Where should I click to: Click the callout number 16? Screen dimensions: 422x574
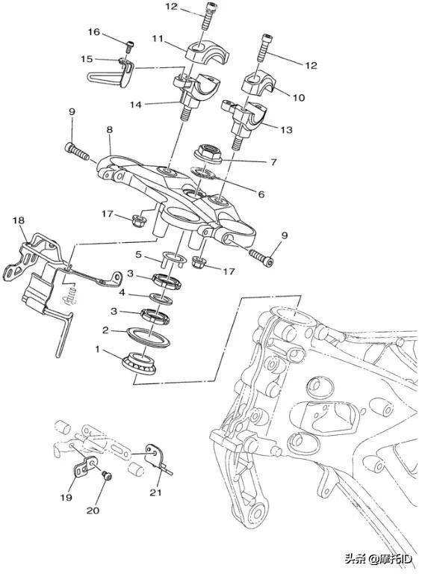click(x=93, y=32)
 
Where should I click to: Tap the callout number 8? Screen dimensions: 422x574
click(x=109, y=129)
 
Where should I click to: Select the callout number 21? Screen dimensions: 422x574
click(x=155, y=493)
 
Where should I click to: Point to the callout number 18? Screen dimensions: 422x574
click(x=18, y=220)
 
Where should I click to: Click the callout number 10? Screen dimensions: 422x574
click(x=299, y=98)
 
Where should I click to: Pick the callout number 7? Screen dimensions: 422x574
click(x=273, y=161)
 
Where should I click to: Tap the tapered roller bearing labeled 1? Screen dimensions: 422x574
click(x=140, y=362)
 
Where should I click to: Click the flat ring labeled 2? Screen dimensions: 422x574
click(x=148, y=338)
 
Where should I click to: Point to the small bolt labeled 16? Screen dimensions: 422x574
click(x=129, y=46)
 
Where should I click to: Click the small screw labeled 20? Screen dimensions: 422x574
click(x=108, y=476)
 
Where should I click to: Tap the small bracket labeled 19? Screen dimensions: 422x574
click(x=84, y=467)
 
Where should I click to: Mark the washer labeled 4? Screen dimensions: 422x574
click(x=161, y=298)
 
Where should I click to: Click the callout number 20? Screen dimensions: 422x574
click(x=93, y=510)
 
